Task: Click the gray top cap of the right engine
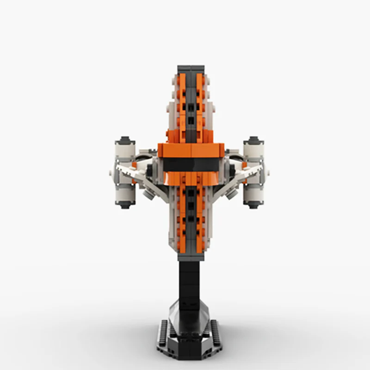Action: [x=253, y=140]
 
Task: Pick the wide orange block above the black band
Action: [x=191, y=149]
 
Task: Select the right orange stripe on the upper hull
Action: [x=200, y=102]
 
